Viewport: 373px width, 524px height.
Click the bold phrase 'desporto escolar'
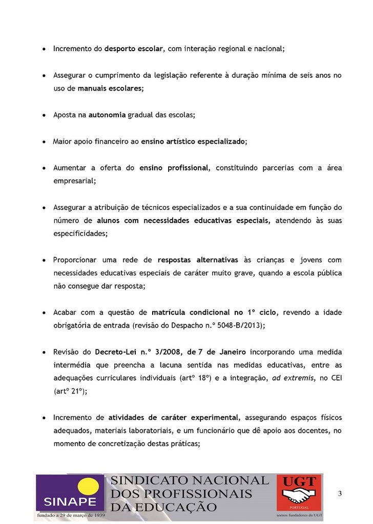point(134,49)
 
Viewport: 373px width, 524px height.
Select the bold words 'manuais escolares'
point(110,89)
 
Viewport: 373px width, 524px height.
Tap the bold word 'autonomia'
point(107,115)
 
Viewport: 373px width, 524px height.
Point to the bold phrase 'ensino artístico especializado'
point(193,142)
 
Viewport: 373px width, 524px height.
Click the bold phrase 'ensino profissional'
point(174,168)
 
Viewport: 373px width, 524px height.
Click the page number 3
point(340,493)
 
